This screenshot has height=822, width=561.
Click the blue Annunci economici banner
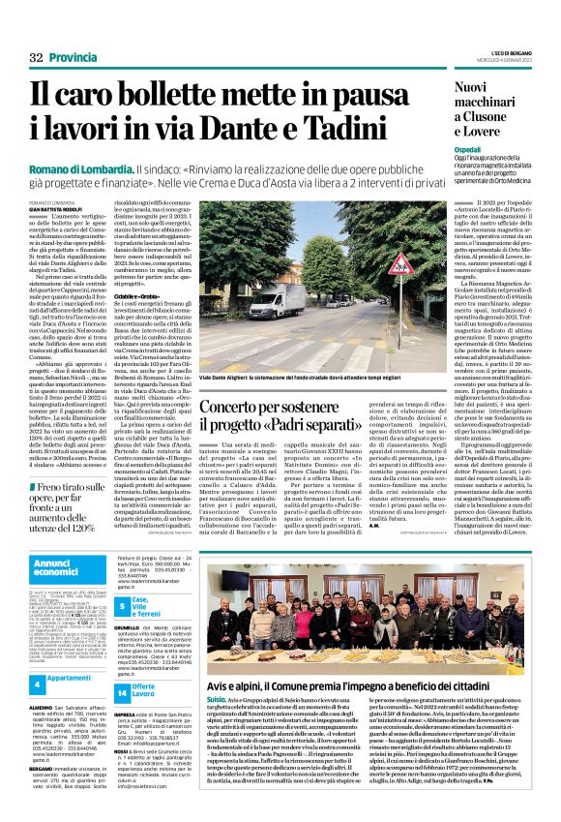pos(69,568)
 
